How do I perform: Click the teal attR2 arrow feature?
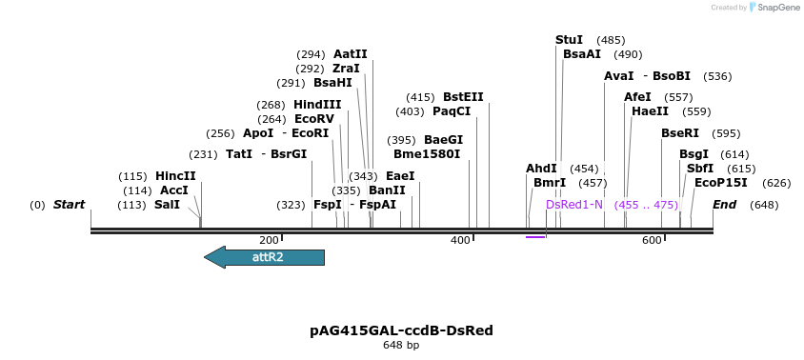(x=265, y=257)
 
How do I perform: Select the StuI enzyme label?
(x=569, y=40)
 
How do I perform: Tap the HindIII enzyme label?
(x=317, y=105)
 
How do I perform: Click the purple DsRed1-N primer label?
(x=574, y=205)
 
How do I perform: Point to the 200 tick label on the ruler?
(x=269, y=240)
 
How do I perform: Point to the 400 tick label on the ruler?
(x=460, y=240)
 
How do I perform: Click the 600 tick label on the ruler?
(x=652, y=240)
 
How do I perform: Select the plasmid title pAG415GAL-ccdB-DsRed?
(x=401, y=330)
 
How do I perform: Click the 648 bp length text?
(x=401, y=345)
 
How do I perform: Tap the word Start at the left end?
(x=69, y=205)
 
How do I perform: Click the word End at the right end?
(x=724, y=205)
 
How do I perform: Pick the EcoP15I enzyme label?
(x=720, y=183)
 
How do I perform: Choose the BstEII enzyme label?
(x=463, y=97)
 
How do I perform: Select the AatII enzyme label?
(x=350, y=54)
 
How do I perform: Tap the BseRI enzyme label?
(x=680, y=133)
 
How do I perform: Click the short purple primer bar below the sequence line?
(x=535, y=236)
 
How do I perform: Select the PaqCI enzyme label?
(x=452, y=111)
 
